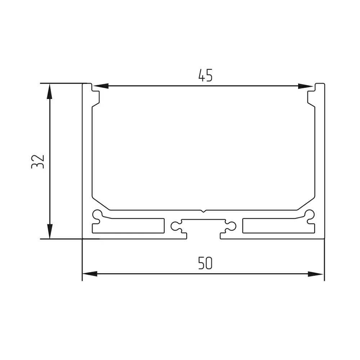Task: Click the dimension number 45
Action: click(x=206, y=75)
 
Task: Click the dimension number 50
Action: click(x=205, y=263)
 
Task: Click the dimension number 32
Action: click(x=38, y=162)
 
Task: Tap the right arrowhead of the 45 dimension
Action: click(x=305, y=86)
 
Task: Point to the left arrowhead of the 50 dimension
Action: click(x=90, y=274)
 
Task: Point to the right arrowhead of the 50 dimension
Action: click(x=315, y=274)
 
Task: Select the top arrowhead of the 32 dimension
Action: click(x=50, y=91)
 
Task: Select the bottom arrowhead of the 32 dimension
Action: click(x=50, y=231)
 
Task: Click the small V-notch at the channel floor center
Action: click(x=203, y=211)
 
